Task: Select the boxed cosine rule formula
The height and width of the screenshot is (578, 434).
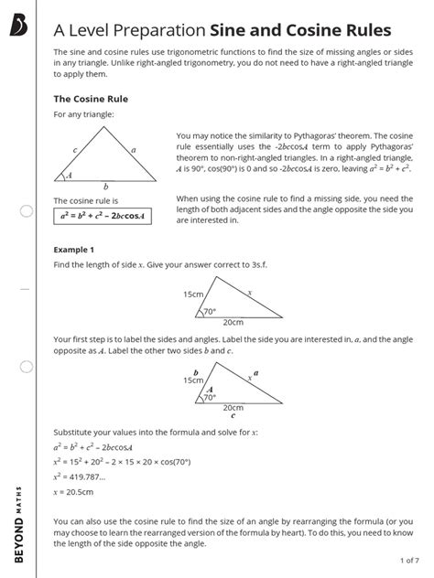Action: pyautogui.click(x=102, y=217)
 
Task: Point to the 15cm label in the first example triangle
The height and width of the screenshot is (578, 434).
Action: pyautogui.click(x=192, y=294)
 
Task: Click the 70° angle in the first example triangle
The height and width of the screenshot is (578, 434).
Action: pyautogui.click(x=209, y=312)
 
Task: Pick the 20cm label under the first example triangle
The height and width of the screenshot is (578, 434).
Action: pyautogui.click(x=233, y=323)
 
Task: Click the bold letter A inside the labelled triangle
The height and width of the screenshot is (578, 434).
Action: pyautogui.click(x=210, y=389)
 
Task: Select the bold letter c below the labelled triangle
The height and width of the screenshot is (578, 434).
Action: pyautogui.click(x=233, y=414)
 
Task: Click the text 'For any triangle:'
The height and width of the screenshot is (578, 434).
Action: pyautogui.click(x=85, y=116)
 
